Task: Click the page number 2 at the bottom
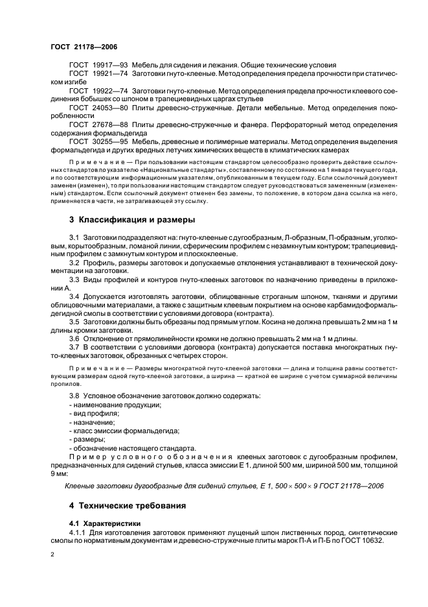(52, 556)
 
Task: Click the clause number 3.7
(74, 347)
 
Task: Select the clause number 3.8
(74, 395)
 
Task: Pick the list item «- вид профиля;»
(94, 412)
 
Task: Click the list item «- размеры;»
(87, 439)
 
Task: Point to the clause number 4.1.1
(76, 532)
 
